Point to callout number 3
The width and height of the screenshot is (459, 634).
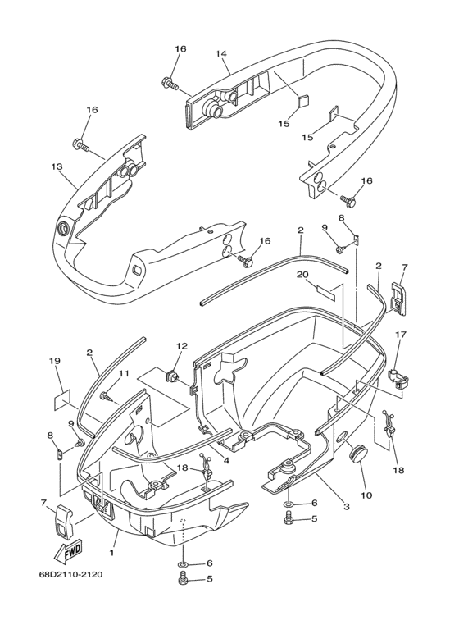[347, 507]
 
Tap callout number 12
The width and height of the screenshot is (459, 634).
[181, 347]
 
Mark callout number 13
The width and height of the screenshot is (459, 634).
[57, 166]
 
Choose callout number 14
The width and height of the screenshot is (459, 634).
[221, 54]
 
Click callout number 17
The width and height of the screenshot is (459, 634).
[402, 334]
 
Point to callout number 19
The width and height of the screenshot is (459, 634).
[55, 361]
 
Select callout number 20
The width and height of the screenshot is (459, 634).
[324, 274]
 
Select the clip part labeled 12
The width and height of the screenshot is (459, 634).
[173, 377]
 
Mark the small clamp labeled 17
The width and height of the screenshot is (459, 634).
[399, 376]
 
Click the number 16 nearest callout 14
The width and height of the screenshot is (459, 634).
[180, 49]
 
